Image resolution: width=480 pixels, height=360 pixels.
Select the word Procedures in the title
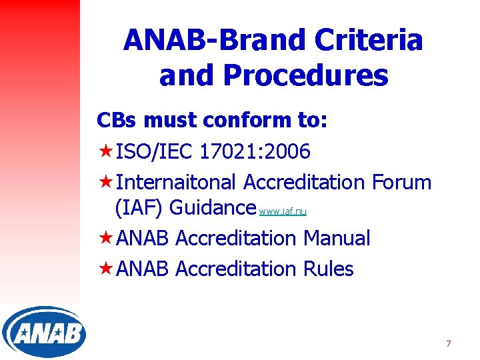pos(306,76)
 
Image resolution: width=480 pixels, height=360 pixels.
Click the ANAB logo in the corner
pos(44,331)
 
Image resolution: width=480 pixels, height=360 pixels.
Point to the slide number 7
pos(448,343)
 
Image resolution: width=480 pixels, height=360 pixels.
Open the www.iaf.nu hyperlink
pos(283,212)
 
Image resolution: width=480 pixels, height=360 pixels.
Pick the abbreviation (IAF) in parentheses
pos(139,208)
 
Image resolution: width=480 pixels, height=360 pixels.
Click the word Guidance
pos(213,208)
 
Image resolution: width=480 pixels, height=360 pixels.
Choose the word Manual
pos(337,238)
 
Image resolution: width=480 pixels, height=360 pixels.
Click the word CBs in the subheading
pos(117,121)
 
